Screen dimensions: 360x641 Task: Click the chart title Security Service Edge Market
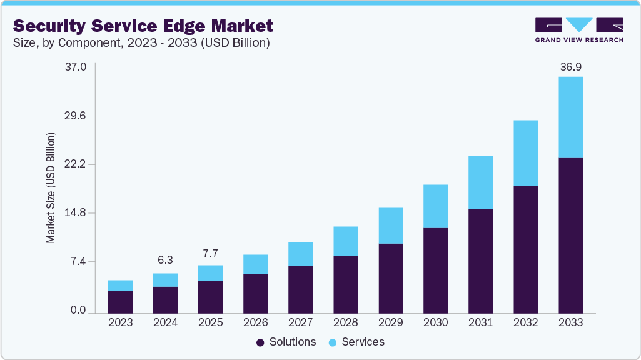143,26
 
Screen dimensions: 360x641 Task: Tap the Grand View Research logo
579,29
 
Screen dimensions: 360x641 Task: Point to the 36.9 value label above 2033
570,66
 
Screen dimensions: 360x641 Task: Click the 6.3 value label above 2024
165,260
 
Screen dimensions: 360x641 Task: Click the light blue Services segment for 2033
570,117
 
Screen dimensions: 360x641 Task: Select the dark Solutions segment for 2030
435,270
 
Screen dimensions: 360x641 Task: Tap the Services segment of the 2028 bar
345,241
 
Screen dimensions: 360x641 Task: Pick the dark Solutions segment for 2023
120,302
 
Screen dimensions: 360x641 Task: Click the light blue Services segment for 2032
525,153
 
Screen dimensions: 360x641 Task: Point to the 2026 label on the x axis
255,322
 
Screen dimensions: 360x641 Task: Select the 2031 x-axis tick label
480,322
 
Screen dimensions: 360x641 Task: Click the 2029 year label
390,322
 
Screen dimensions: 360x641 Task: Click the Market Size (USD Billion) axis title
51,187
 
